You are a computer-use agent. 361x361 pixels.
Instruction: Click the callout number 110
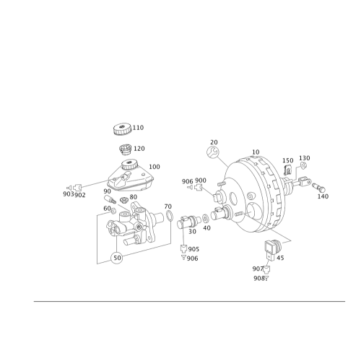click(x=138, y=128)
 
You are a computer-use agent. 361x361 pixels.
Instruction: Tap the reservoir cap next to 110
click(x=122, y=129)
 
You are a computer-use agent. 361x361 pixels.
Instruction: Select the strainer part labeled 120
click(x=125, y=149)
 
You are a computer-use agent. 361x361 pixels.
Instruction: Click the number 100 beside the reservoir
click(x=155, y=167)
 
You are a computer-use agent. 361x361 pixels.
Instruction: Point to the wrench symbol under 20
click(x=213, y=152)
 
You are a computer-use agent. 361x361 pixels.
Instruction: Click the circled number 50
click(x=117, y=258)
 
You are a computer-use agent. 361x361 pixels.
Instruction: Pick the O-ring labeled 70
click(x=170, y=215)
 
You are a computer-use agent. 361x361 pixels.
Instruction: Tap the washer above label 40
click(x=205, y=219)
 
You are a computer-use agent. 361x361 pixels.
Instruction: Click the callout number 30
click(x=192, y=232)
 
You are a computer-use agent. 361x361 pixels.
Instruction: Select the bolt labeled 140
click(x=318, y=187)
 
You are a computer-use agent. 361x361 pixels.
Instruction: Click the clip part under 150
click(x=287, y=170)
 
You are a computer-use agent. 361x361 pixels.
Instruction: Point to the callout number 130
click(x=305, y=158)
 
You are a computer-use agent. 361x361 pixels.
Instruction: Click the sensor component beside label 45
click(x=273, y=250)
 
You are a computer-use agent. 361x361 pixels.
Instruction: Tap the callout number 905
click(x=193, y=249)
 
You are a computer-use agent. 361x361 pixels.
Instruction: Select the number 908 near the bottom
click(x=258, y=278)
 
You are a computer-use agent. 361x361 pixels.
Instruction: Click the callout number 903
click(x=68, y=194)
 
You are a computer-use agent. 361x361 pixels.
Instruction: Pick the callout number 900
click(x=201, y=180)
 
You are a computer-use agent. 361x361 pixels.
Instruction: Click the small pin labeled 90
click(x=109, y=199)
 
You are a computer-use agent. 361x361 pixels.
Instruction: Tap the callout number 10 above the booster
click(x=256, y=152)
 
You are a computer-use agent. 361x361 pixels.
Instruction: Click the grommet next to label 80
click(x=124, y=200)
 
